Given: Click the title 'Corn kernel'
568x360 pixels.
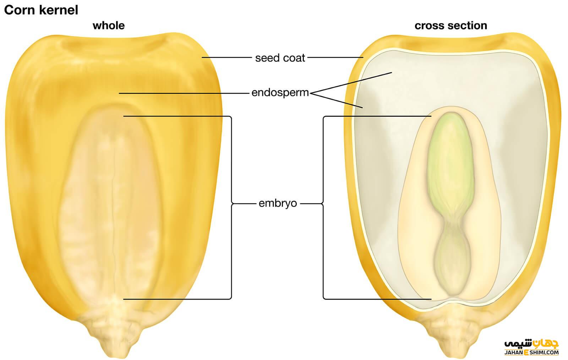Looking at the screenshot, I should click(x=41, y=10).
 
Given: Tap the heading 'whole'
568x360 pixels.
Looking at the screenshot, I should click(x=109, y=26).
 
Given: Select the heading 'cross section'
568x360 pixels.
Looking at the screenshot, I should click(x=450, y=26).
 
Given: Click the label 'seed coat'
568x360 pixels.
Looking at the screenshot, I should click(x=280, y=58).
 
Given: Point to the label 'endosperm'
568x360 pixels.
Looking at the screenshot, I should click(x=280, y=93).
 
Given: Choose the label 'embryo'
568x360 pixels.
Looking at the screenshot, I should click(x=278, y=203).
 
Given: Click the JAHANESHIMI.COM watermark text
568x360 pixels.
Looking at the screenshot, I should click(x=531, y=353).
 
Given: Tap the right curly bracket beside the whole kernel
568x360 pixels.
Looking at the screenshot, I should click(x=231, y=204).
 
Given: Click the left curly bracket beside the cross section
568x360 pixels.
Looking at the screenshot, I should click(x=323, y=204).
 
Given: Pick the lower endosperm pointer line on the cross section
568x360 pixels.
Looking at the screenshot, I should click(x=337, y=100).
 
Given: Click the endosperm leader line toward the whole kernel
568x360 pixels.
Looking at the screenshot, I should click(x=185, y=93).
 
